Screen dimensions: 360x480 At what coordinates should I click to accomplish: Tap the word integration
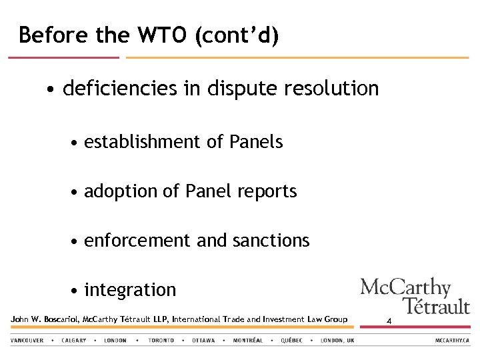coord(130,290)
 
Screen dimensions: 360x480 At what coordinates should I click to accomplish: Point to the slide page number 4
coord(389,322)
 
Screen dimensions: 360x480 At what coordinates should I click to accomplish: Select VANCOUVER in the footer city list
coord(27,341)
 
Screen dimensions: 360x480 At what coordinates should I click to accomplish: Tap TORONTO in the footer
coord(161,341)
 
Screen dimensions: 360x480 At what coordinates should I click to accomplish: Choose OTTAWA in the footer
coord(203,341)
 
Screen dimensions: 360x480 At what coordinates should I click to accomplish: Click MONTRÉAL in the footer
coord(248,341)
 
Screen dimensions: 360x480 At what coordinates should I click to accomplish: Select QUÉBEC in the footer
coord(291,341)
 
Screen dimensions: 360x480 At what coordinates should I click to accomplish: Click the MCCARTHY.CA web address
coord(453,341)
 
